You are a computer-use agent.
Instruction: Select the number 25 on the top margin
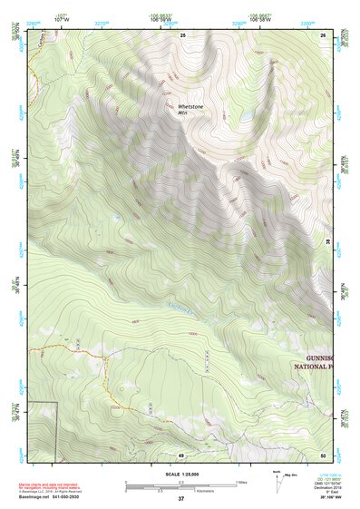(x=182, y=34)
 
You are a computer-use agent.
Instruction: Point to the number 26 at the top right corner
(x=324, y=34)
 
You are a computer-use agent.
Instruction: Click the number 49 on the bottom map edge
(x=181, y=455)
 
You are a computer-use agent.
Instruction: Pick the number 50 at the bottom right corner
(x=323, y=455)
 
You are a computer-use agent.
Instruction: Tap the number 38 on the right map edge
(x=328, y=241)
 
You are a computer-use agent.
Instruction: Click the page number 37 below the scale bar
(x=180, y=499)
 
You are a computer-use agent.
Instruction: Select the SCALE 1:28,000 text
(x=180, y=475)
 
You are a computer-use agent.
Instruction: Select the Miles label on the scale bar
(x=242, y=481)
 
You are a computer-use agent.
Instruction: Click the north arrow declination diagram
(x=278, y=480)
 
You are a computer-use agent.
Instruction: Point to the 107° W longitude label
(x=63, y=19)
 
